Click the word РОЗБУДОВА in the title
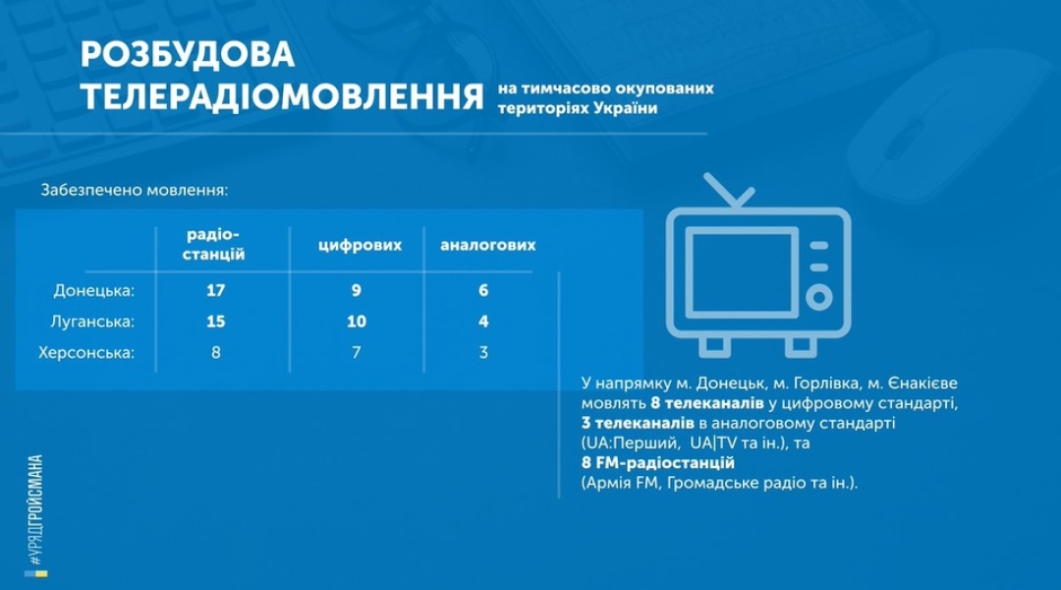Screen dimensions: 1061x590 tap(188, 55)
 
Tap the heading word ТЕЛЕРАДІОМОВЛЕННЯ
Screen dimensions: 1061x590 tap(282, 97)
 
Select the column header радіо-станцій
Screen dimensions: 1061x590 tap(214, 245)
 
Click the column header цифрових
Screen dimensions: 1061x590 tap(360, 245)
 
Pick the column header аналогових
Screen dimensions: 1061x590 tap(488, 245)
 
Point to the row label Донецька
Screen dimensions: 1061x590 tap(94, 291)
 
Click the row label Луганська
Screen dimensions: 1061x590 tap(92, 322)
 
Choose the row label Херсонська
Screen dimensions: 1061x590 tap(85, 353)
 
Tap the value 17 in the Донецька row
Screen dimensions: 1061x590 tap(215, 291)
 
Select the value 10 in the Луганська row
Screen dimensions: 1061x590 tap(357, 322)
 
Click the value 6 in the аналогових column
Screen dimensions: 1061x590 tap(483, 291)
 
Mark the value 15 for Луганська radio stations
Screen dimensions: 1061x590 tap(215, 322)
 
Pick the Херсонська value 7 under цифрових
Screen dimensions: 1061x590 tap(357, 353)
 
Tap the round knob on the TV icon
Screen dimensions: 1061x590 tap(818, 297)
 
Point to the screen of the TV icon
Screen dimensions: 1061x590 tap(742, 272)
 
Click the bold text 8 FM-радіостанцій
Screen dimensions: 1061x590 tap(657, 463)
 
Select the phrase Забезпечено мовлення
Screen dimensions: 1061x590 tap(134, 191)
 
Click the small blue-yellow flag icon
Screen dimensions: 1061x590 tap(36, 574)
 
